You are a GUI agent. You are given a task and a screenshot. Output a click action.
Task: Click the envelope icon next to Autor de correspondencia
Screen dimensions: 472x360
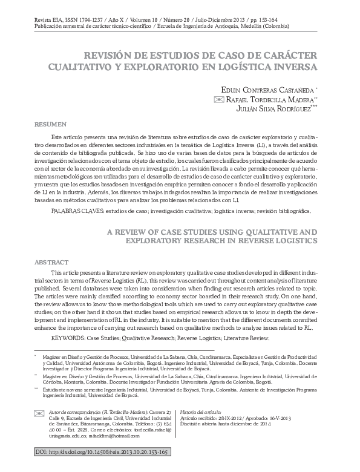[39, 411]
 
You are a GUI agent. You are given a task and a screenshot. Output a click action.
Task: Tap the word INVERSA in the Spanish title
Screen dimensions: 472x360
[290, 66]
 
